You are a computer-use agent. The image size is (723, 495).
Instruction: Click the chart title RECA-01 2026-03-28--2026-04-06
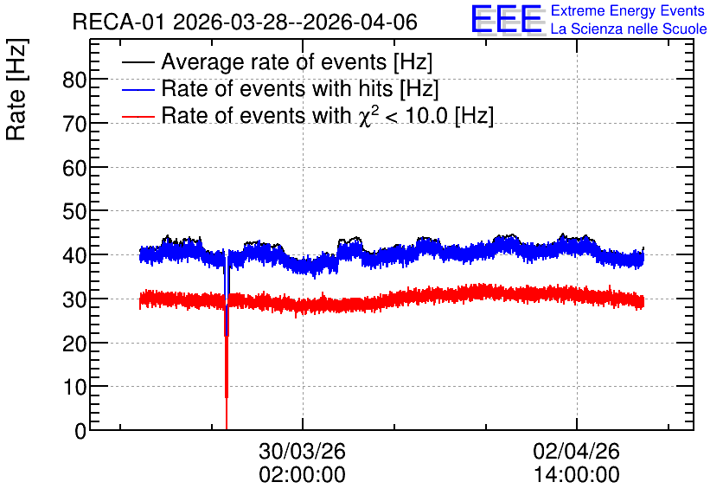(245, 22)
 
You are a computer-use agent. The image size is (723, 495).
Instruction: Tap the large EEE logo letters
(507, 19)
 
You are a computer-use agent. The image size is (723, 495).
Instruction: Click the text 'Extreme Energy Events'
(628, 10)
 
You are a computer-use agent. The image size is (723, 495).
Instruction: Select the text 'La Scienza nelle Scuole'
(629, 29)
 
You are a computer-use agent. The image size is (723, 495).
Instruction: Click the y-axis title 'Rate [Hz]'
(16, 89)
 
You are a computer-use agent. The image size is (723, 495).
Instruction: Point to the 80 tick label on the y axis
(74, 80)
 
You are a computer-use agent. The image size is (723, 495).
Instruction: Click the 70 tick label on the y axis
(74, 124)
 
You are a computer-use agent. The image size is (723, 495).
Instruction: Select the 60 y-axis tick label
(74, 168)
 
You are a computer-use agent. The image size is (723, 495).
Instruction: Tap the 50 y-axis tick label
(74, 212)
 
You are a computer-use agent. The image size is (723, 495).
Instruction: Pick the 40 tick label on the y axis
(74, 255)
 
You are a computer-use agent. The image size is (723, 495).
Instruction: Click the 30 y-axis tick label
(74, 299)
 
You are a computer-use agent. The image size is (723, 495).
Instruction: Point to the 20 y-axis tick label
(74, 344)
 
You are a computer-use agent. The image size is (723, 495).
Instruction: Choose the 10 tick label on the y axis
(74, 387)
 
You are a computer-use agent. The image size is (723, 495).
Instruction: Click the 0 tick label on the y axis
(80, 431)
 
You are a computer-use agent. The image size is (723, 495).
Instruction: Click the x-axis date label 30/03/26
(302, 451)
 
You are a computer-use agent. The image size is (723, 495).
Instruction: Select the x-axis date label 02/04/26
(576, 451)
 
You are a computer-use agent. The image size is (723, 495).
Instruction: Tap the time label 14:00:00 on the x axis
(576, 475)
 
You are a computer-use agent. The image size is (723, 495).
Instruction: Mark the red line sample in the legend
(138, 116)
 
